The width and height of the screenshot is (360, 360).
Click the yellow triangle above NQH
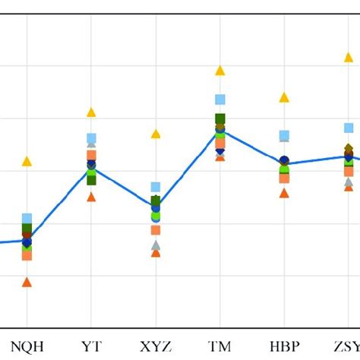point(27,161)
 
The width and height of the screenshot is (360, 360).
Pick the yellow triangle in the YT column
point(91,112)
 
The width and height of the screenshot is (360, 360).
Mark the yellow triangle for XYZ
point(156,134)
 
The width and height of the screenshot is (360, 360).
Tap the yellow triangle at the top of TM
point(220,71)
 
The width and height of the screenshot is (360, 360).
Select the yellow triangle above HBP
point(284,97)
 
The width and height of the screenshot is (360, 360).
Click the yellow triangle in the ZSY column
point(349,57)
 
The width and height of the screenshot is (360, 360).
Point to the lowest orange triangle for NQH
point(27,282)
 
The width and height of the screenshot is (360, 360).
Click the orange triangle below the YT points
point(91,197)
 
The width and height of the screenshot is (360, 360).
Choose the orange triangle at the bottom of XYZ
point(156,253)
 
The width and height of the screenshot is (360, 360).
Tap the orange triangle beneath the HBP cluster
point(284,193)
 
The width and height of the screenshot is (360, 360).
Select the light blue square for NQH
point(27,219)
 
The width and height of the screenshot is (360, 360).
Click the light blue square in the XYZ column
point(156,187)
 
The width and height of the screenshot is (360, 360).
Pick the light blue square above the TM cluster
point(220,99)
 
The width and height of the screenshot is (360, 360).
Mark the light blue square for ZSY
point(349,128)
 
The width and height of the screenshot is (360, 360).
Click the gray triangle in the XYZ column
point(156,245)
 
